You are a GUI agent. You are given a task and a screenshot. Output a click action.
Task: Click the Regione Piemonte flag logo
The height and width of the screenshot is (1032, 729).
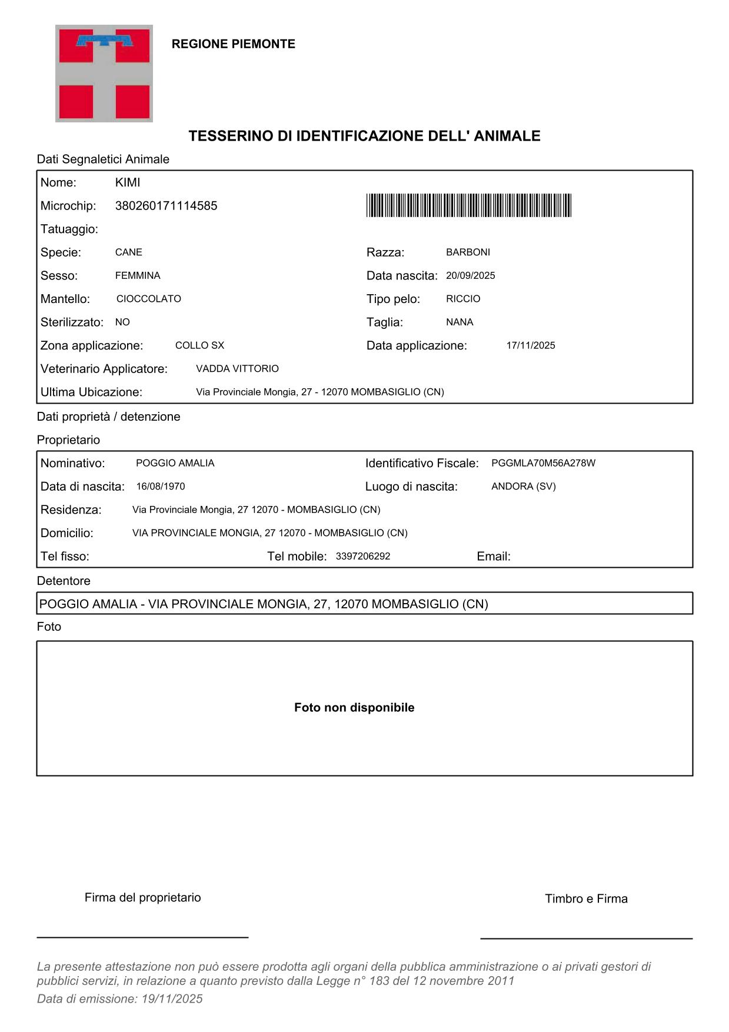pos(104,74)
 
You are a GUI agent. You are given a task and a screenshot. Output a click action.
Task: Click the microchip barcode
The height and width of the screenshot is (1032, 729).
pos(468,205)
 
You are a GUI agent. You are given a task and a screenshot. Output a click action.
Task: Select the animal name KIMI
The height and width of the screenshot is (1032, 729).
pos(128,183)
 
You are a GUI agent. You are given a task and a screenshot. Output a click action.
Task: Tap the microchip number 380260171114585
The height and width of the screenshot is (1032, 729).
pos(166,206)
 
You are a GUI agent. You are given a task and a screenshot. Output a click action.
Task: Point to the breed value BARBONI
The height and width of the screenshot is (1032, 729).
pos(468,252)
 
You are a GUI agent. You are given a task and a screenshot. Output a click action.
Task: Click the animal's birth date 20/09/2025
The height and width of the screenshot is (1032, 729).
pos(470,276)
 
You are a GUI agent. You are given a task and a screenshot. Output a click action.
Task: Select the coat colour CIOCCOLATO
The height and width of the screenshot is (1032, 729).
pos(149,299)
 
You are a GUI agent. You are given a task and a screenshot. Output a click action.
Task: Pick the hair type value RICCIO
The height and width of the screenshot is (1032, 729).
pos(463,299)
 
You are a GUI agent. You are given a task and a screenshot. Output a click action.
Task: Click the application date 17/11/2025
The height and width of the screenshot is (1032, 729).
pos(531,345)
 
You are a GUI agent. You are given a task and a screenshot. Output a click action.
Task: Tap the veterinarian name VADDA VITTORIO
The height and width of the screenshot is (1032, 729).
pos(237,369)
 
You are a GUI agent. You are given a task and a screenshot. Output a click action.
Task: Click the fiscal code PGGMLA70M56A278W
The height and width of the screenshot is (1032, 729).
pos(543,463)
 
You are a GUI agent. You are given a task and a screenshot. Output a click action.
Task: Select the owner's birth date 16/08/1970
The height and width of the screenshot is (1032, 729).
pos(161,487)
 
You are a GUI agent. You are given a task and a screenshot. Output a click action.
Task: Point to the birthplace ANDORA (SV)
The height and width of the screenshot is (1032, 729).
pos(523,487)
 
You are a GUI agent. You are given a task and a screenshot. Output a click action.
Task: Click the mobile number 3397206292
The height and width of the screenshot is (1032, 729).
pos(363,556)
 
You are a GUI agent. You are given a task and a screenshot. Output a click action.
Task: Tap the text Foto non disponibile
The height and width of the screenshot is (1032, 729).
pos(354,708)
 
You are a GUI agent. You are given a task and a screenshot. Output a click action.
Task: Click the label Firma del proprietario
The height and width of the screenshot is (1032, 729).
pos(143,897)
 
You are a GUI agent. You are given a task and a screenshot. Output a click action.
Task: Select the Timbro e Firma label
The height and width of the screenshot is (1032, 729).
pos(586,898)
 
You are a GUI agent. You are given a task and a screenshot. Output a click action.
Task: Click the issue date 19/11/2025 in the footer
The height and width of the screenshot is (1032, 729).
pos(172,998)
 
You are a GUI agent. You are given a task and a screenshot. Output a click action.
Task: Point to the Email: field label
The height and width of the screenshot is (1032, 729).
pos(494,557)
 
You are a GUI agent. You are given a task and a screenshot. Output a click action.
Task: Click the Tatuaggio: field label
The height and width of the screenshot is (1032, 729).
pos(69,229)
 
